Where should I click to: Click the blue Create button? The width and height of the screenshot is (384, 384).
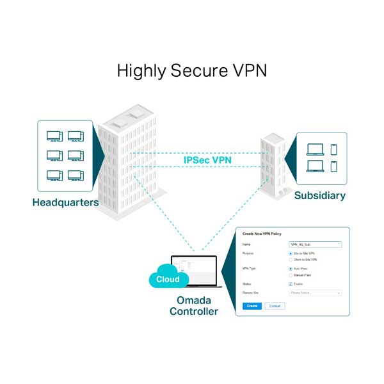(252, 306)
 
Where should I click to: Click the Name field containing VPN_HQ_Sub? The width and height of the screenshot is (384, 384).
(316, 244)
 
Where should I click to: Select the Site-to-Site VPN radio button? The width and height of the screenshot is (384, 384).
(291, 254)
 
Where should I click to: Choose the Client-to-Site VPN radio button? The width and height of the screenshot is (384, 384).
(291, 260)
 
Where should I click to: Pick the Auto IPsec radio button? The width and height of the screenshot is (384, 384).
(291, 269)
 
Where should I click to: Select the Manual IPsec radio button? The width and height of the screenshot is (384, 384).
(291, 275)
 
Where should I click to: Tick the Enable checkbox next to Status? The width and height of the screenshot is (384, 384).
(291, 284)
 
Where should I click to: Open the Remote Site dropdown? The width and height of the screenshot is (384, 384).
(316, 292)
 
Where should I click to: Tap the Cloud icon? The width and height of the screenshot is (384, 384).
(168, 279)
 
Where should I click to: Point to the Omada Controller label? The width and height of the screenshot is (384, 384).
(193, 306)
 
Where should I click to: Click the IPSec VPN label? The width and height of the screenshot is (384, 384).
(208, 159)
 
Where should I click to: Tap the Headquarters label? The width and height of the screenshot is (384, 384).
(65, 202)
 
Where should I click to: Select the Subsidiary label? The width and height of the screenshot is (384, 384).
(319, 195)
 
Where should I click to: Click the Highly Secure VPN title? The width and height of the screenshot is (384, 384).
(192, 70)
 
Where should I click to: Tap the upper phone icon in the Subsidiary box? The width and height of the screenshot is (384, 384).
(333, 149)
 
